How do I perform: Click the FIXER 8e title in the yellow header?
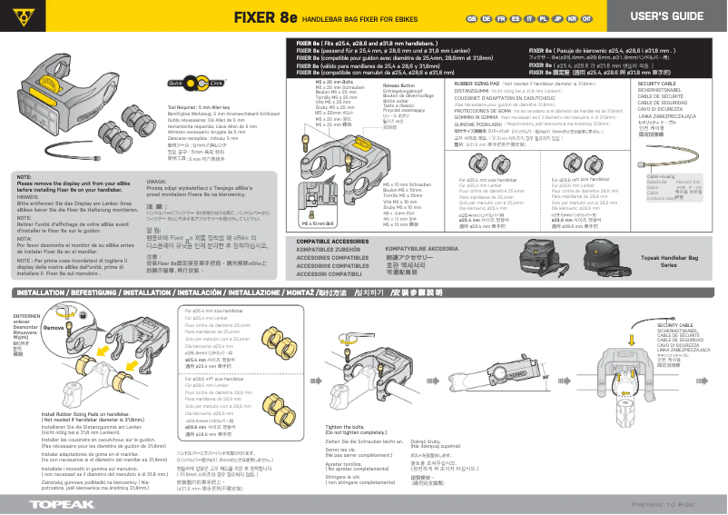(x=265, y=17)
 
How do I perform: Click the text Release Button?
(x=398, y=84)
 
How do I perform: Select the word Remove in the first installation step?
(x=54, y=327)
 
